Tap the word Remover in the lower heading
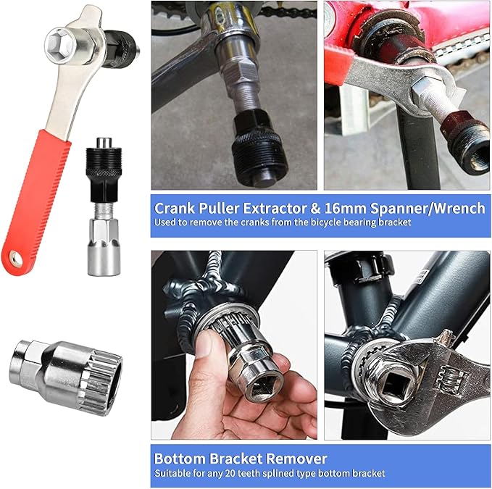click(296, 459)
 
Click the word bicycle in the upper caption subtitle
click(322, 222)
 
